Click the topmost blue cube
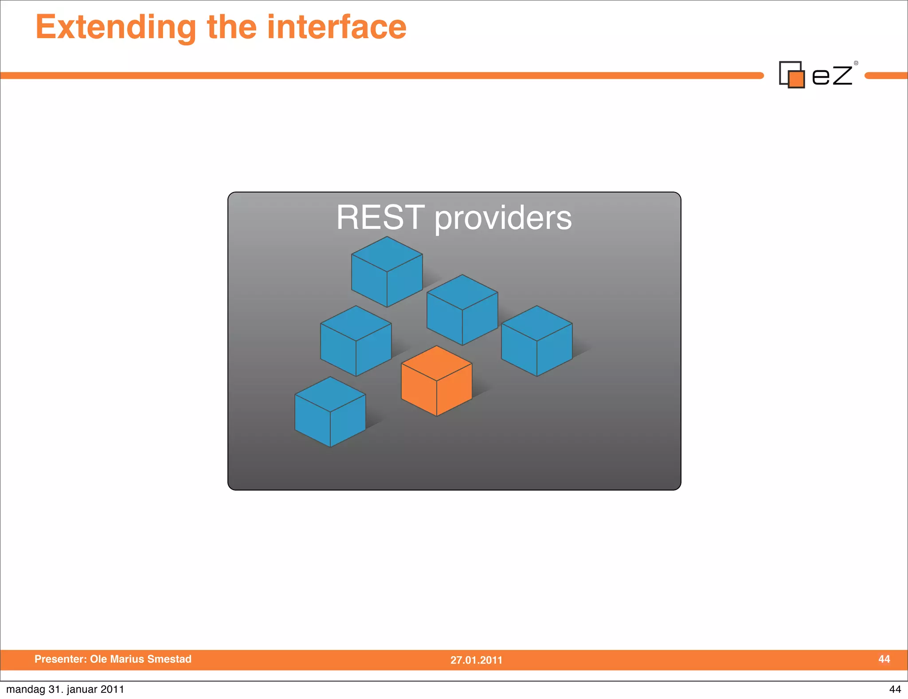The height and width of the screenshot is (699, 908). coord(387,271)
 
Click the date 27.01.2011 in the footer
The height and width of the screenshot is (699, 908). coord(476,660)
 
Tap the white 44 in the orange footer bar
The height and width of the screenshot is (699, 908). coord(884,659)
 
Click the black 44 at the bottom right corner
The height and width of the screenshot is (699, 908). coord(895,689)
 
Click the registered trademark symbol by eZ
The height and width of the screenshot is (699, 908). coord(856,63)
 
